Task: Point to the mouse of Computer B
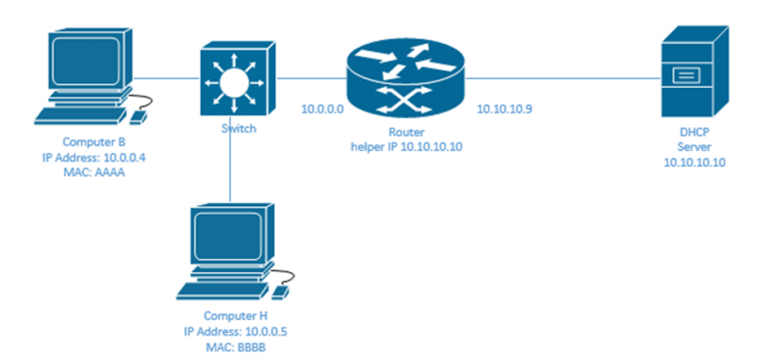point(139,116)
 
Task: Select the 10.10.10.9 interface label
point(503,109)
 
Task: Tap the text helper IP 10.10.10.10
point(405,145)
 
